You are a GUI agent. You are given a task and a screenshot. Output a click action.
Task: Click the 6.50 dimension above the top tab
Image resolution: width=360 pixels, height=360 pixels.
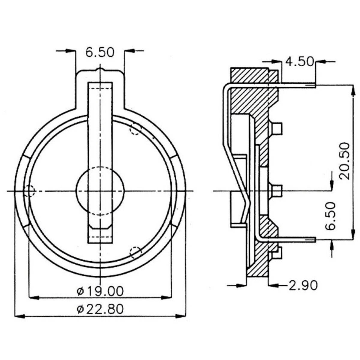[100, 52]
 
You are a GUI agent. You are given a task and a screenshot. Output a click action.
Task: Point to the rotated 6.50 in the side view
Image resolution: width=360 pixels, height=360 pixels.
[330, 216]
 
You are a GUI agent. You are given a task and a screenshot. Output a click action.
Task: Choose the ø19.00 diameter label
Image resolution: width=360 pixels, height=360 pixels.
[100, 290]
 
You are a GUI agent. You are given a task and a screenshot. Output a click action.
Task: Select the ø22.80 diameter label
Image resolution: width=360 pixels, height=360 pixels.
[100, 309]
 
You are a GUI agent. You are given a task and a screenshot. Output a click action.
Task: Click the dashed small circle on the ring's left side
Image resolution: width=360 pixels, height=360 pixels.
[29, 190]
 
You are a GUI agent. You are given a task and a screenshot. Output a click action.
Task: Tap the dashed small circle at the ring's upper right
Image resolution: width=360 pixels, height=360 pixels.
[135, 129]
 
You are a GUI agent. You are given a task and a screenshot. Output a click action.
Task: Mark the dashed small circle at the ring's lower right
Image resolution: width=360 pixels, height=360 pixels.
[135, 252]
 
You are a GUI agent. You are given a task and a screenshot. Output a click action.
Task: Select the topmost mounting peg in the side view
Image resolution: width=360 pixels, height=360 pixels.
[277, 128]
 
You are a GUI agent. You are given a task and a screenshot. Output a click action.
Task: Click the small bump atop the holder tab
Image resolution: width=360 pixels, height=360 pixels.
[100, 70]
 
